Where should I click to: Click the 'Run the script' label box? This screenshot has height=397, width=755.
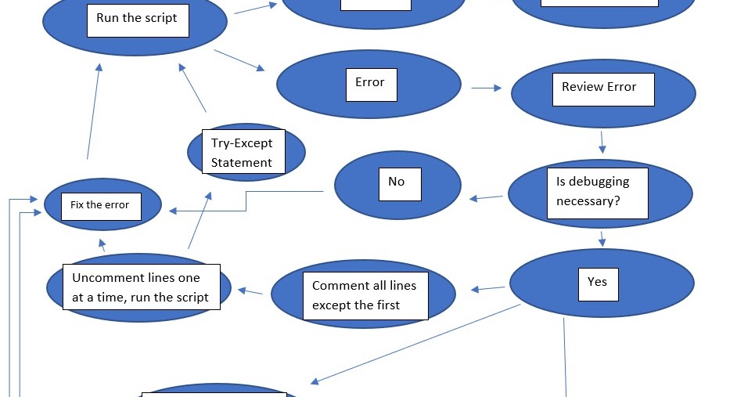point(137,19)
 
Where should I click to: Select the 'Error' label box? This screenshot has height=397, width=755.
point(370,84)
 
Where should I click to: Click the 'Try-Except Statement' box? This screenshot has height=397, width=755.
point(243,152)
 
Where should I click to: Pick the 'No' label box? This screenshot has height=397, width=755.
point(397,183)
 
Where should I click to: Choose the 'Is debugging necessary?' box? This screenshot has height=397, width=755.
point(597,193)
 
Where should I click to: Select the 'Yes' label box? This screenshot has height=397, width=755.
point(597,283)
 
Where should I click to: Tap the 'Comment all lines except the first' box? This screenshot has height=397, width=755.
point(365,295)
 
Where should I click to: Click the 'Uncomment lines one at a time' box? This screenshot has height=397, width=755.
point(141,287)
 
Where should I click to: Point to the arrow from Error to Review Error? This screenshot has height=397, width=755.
point(486,88)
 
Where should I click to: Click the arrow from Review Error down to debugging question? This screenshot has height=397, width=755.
point(602,142)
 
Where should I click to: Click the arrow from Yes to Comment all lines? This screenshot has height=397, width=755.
point(488,289)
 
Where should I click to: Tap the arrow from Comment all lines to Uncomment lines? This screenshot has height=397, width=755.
point(250,291)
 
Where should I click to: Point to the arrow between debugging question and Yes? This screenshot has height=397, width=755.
point(602,239)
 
